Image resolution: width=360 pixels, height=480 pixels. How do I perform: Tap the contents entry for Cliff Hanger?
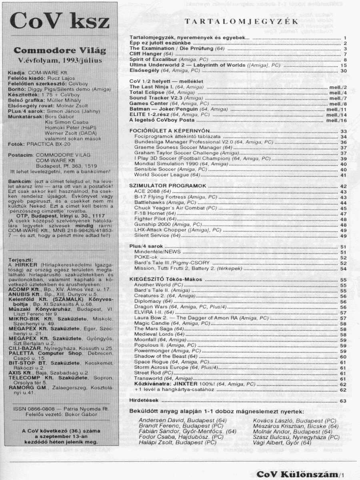click(x=146, y=54)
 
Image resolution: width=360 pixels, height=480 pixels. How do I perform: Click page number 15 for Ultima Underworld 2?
click(x=343, y=65)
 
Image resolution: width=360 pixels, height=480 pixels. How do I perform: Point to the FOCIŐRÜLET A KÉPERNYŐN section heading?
click(x=170, y=131)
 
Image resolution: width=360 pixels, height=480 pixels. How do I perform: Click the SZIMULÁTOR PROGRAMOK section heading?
click(x=168, y=186)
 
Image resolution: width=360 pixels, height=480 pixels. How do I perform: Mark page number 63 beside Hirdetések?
click(x=343, y=400)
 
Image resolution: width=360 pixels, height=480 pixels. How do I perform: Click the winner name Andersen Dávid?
click(x=157, y=420)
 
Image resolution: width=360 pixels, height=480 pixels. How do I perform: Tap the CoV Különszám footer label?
click(x=296, y=474)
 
